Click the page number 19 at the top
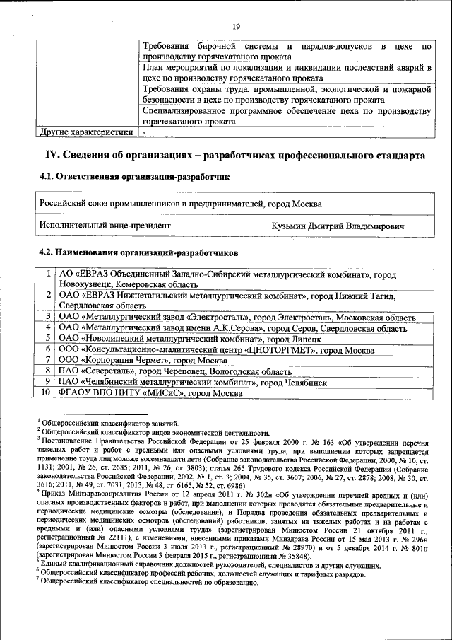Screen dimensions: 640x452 click(237, 27)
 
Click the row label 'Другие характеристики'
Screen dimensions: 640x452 click(85, 132)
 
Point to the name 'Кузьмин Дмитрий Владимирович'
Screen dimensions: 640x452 click(338, 226)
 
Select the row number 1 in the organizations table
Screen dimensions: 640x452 click(47, 273)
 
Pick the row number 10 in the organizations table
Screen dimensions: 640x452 click(45, 392)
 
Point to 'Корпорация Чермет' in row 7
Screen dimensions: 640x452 click(129, 360)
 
